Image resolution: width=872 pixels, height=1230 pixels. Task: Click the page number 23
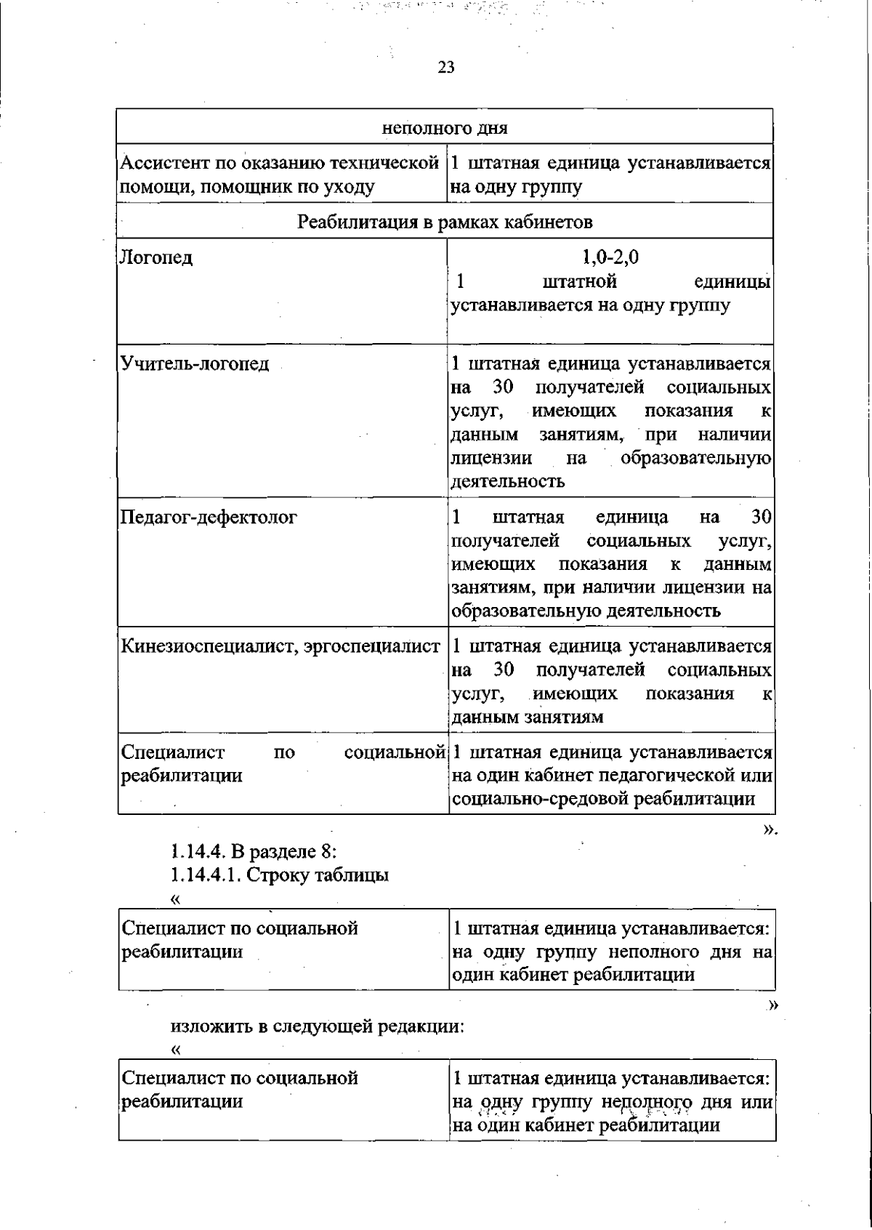[x=446, y=68]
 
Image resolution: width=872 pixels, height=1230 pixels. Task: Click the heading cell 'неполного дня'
[x=445, y=129]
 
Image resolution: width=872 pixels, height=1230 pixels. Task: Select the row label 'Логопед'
[x=156, y=257]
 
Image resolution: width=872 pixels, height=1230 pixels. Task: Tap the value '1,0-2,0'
[x=610, y=257]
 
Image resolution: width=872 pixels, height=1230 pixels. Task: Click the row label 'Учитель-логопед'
[x=195, y=363]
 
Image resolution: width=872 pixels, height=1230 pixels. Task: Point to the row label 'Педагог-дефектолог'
[x=209, y=518]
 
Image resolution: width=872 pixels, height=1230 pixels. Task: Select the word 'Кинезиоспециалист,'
[x=205, y=646]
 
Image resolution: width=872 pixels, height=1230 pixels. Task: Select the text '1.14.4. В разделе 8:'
[x=254, y=851]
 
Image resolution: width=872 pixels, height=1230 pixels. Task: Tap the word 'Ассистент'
[x=162, y=164]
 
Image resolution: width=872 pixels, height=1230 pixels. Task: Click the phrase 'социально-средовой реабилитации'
[x=602, y=799]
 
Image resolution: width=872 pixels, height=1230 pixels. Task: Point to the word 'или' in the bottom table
[x=756, y=1101]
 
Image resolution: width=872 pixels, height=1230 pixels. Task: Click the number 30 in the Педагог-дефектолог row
[x=760, y=518]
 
